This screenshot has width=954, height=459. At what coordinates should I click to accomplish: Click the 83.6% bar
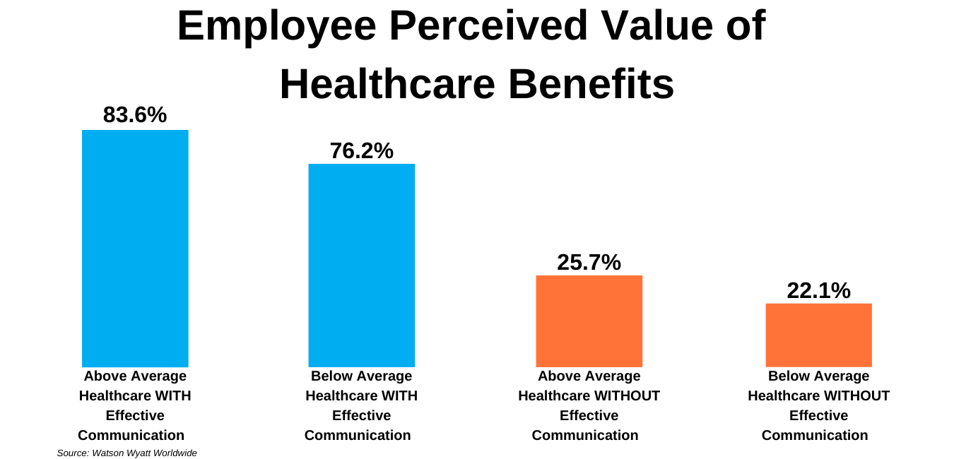135,248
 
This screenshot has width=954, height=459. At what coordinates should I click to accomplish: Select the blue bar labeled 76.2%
361,265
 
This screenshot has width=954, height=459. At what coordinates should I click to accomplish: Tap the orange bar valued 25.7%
589,321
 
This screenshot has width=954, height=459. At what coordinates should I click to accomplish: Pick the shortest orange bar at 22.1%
818,335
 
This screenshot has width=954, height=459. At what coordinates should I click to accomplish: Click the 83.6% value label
135,115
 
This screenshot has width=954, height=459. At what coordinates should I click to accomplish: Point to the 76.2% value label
361,150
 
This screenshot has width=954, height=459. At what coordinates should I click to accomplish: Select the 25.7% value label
589,262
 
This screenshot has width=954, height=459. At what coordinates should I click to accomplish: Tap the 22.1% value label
818,290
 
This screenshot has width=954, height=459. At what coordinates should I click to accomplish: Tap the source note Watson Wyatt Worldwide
126,453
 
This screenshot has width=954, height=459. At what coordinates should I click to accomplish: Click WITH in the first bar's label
176,395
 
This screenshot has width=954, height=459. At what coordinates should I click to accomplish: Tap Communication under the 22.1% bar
815,435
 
